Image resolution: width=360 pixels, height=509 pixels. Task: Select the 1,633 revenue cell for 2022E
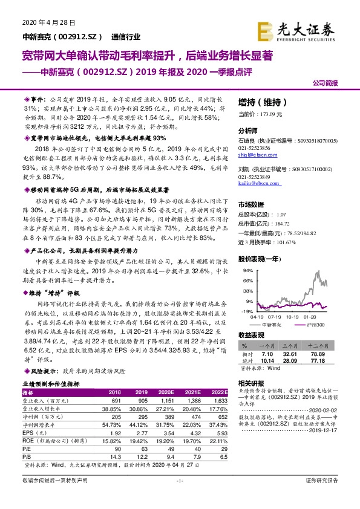click(x=220, y=400)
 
